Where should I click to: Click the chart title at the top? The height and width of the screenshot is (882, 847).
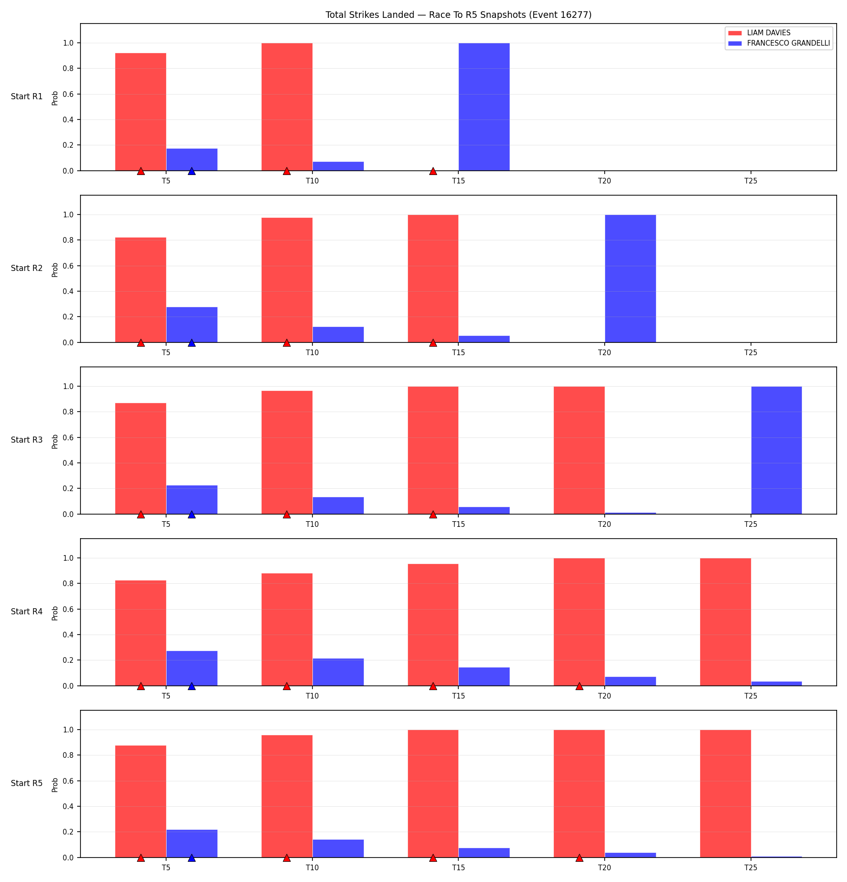(458, 15)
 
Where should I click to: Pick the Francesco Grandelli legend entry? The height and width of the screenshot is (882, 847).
(779, 43)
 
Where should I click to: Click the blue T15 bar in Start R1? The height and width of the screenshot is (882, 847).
(484, 107)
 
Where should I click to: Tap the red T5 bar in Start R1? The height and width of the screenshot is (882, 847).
(141, 112)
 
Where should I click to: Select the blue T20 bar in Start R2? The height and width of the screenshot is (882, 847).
(630, 278)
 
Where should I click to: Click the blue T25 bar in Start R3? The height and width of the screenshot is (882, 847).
(776, 450)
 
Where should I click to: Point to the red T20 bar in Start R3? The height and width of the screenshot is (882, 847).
(579, 450)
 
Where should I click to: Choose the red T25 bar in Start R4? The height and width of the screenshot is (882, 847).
(726, 622)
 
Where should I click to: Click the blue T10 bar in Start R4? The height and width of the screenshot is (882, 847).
(338, 672)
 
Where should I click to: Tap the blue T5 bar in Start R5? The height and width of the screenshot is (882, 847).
(192, 843)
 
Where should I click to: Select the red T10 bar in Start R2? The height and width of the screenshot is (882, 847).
(287, 280)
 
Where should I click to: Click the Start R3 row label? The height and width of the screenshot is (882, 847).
(27, 440)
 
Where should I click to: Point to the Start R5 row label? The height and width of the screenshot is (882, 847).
(27, 783)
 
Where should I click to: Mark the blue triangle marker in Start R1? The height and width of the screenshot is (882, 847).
(192, 171)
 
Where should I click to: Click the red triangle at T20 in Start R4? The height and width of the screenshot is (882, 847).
(579, 686)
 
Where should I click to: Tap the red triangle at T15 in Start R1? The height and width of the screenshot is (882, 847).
(433, 171)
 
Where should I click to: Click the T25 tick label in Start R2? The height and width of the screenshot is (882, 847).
(751, 352)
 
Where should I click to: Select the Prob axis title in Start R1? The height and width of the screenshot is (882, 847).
(55, 98)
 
